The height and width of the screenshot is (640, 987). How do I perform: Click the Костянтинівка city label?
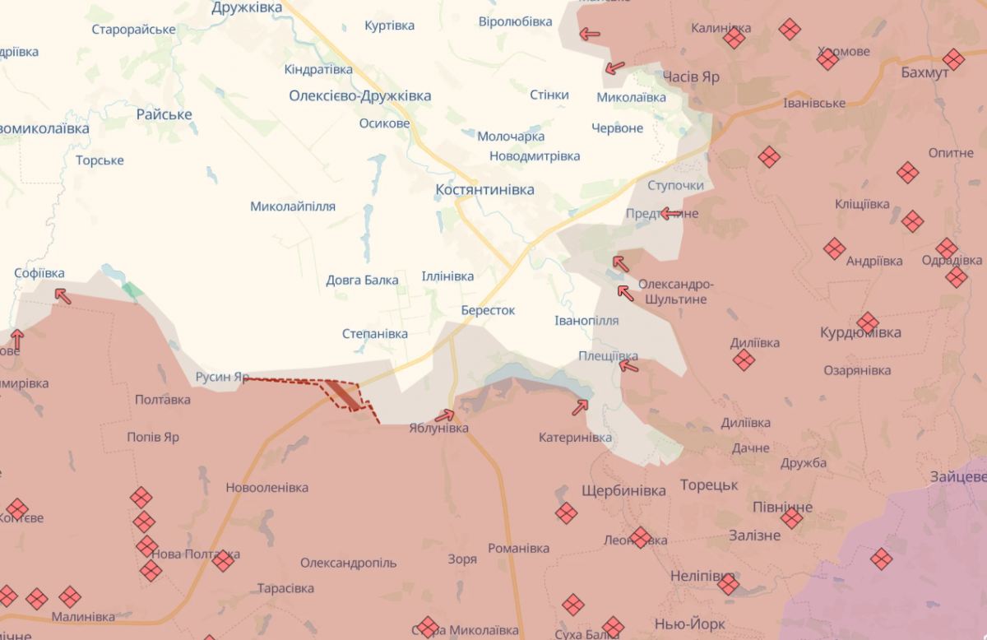tap(484, 190)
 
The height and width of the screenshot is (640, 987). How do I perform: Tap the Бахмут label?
tap(924, 72)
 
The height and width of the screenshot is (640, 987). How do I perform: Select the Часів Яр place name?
tap(691, 77)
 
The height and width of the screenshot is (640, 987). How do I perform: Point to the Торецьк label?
tap(709, 485)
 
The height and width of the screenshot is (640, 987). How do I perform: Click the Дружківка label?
tap(247, 8)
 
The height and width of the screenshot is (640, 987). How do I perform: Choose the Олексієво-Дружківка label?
tap(359, 96)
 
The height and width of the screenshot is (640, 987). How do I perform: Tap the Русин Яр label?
tap(222, 378)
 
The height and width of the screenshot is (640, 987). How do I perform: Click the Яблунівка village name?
tap(438, 429)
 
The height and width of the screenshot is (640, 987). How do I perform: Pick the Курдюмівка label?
tap(860, 333)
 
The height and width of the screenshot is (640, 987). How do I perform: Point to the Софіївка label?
tap(39, 273)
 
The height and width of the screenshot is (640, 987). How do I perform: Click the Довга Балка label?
tap(362, 281)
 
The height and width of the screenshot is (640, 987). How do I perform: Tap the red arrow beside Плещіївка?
tap(629, 364)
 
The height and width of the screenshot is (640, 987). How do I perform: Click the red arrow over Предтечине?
tap(670, 214)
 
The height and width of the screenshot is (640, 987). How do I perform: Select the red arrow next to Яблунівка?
tap(444, 415)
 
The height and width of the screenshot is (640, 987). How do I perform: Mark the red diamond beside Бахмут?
tap(953, 59)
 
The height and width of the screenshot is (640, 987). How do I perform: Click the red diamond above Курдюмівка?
tap(867, 323)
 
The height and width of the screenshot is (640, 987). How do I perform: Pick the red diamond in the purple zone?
tap(881, 559)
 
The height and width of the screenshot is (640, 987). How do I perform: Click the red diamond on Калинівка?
tap(734, 38)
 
